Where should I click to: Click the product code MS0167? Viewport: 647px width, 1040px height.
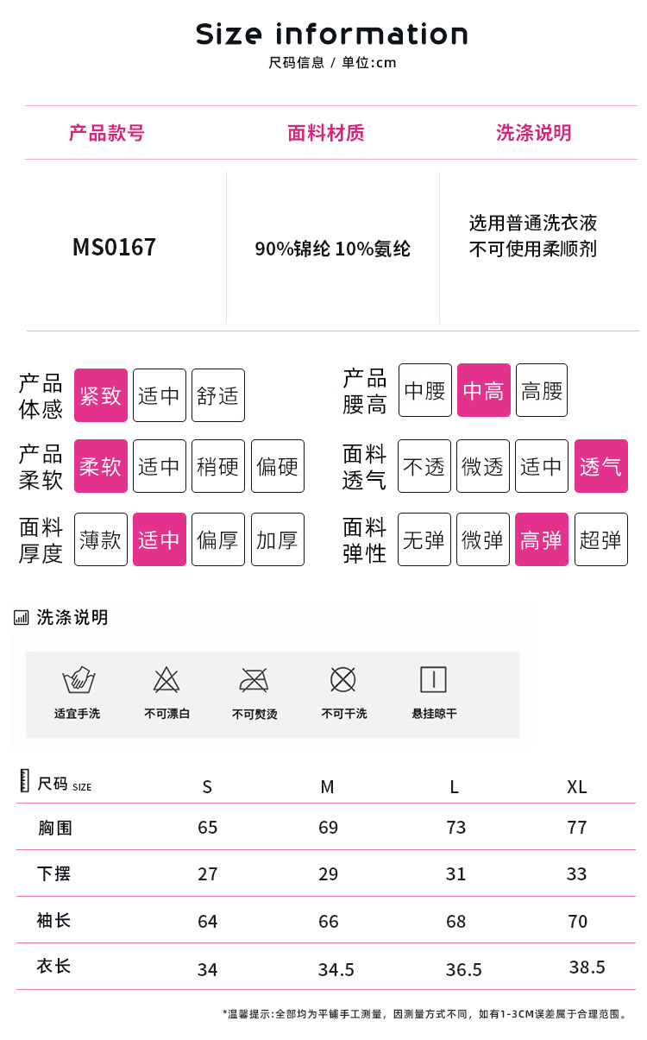click(x=114, y=248)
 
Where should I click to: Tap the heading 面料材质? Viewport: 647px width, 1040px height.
click(x=326, y=133)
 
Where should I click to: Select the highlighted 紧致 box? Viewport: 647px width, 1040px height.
click(x=101, y=395)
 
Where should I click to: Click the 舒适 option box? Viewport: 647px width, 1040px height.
click(x=218, y=395)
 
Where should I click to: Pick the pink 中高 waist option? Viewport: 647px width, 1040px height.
click(x=483, y=390)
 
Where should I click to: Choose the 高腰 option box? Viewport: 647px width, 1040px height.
click(x=542, y=390)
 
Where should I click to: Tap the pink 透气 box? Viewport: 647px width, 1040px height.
click(x=600, y=466)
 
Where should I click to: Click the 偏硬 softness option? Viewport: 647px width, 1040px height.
click(x=277, y=466)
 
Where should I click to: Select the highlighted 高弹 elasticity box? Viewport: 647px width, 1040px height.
click(x=542, y=539)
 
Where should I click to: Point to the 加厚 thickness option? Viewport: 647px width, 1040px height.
click(x=277, y=539)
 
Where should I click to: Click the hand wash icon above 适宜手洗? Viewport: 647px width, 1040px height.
click(x=79, y=680)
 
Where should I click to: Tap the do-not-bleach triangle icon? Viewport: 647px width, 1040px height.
click(x=166, y=680)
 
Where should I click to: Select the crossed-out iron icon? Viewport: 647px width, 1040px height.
click(x=254, y=680)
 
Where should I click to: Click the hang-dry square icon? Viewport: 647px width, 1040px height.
click(x=433, y=680)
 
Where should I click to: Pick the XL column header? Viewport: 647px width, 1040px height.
click(x=577, y=786)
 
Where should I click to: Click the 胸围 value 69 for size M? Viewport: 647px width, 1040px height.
click(x=329, y=828)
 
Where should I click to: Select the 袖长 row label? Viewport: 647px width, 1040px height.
click(x=54, y=920)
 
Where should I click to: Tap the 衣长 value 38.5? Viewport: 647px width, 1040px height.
click(x=587, y=968)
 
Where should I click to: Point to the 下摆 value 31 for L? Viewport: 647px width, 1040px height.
click(x=456, y=874)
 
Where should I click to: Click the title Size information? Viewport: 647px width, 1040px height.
click(x=332, y=35)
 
